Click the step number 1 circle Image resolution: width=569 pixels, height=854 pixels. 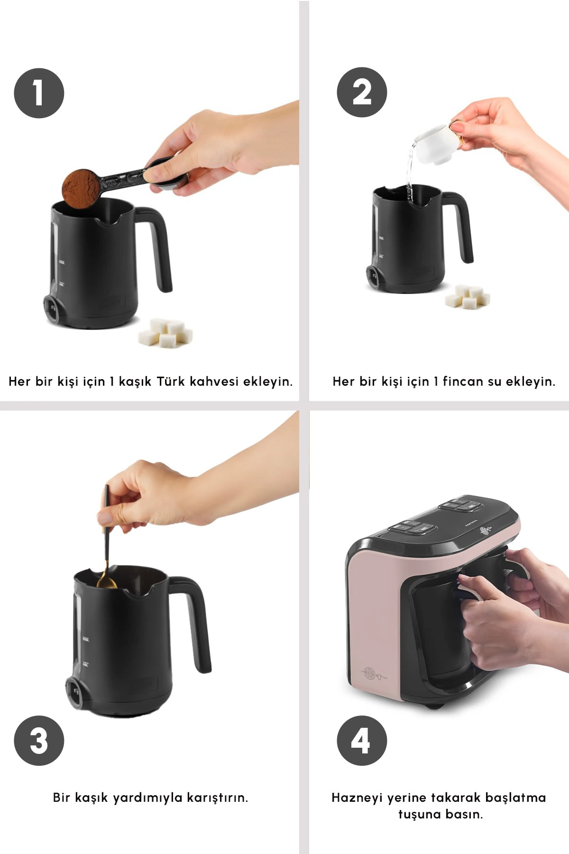click(39, 93)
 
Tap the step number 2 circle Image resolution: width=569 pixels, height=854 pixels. click(362, 92)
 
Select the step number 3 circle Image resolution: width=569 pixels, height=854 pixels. click(39, 741)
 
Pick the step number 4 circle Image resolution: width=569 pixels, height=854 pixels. click(362, 741)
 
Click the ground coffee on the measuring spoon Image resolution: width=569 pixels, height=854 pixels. click(81, 188)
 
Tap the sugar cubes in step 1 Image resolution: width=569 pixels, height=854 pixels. click(165, 333)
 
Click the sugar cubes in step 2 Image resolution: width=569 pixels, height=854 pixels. click(468, 297)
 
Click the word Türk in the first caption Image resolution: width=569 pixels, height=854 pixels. click(170, 381)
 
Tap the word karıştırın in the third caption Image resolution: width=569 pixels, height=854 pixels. click(217, 798)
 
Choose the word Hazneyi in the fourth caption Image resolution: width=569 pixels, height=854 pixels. click(357, 798)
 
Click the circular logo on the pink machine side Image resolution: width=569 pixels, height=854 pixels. click(369, 673)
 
